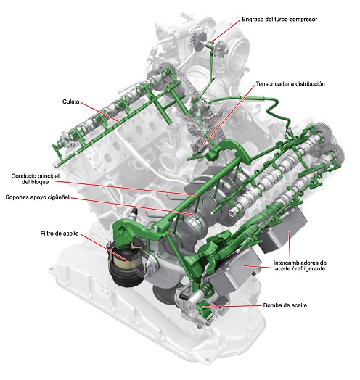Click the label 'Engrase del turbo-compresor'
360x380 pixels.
279,20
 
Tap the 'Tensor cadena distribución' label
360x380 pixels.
290,84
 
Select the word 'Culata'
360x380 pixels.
71,102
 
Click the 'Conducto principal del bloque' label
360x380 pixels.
36,179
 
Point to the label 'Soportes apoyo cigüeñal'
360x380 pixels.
37,197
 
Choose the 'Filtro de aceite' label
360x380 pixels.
60,234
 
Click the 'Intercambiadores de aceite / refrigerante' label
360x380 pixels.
300,265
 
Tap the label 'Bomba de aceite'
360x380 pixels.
285,305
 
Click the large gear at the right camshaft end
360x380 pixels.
325,136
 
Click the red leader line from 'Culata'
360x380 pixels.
100,112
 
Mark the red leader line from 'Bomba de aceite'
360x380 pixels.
232,306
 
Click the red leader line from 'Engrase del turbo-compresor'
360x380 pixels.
226,32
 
